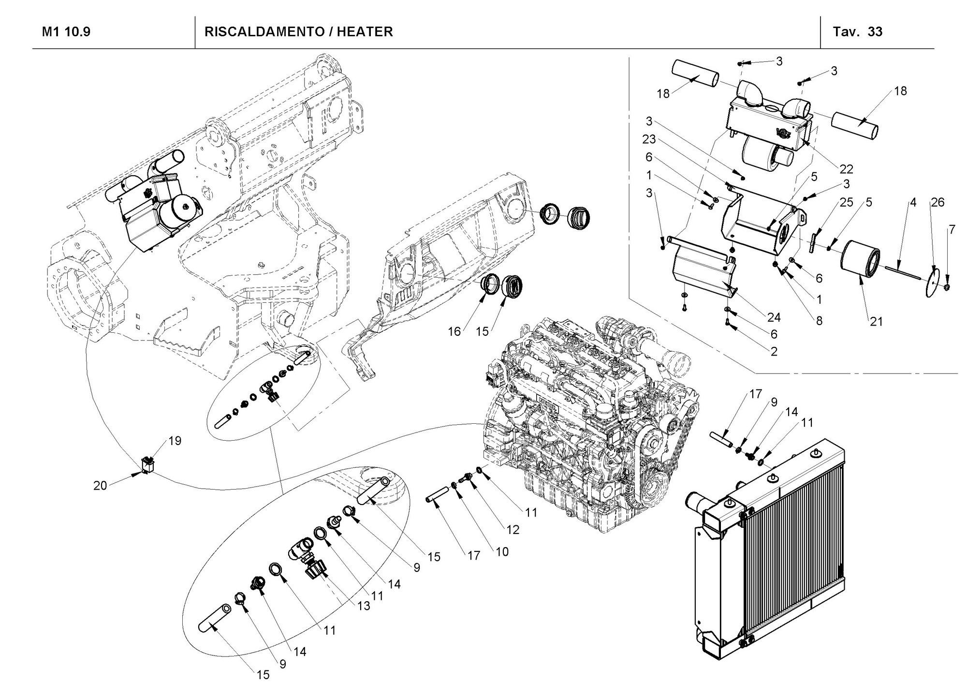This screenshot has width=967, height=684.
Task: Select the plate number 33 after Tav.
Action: pyautogui.click(x=875, y=32)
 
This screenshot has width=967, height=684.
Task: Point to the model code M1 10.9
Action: pyautogui.click(x=66, y=32)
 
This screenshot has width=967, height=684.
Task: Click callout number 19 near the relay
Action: pyautogui.click(x=175, y=441)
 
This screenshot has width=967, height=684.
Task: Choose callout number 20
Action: pyautogui.click(x=100, y=485)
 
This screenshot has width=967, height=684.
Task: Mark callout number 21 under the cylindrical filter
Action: pyautogui.click(x=876, y=321)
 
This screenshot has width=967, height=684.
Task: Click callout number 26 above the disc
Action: pyautogui.click(x=937, y=202)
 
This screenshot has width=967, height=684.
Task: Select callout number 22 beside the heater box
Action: pyautogui.click(x=846, y=169)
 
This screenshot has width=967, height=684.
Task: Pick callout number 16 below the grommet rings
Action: pyautogui.click(x=454, y=331)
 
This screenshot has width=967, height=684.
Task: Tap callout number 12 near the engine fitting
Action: pyautogui.click(x=513, y=529)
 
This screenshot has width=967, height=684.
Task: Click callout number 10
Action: pyautogui.click(x=502, y=551)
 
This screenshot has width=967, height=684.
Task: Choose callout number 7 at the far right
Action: pyautogui.click(x=952, y=230)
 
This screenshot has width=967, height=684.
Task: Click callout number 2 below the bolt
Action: pyautogui.click(x=774, y=352)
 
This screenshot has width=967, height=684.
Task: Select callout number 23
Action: pyautogui.click(x=649, y=139)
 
